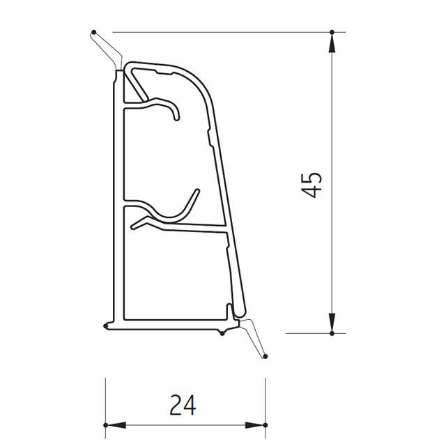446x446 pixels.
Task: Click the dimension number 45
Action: (314, 183)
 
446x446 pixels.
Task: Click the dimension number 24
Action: (183, 403)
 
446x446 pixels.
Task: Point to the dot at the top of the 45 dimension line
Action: (332, 31)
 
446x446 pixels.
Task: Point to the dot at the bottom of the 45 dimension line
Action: (332, 333)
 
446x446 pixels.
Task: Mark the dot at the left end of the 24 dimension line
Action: (105, 424)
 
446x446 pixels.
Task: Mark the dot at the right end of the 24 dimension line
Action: (265, 424)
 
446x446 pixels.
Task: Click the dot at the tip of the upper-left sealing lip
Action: (92, 31)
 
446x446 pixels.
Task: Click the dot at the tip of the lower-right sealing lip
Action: (265, 358)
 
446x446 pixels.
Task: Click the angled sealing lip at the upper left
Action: (106, 50)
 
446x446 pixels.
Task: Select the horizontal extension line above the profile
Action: (223, 31)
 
